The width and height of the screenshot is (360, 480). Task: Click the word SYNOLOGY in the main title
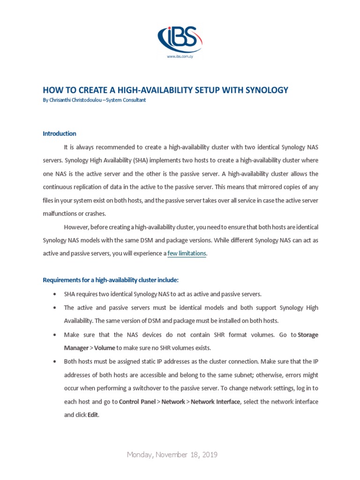[x=264, y=90]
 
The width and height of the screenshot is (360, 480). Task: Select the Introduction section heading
[x=60, y=134]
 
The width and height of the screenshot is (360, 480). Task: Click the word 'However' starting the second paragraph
[x=76, y=227]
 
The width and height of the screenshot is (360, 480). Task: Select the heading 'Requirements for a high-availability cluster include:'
[x=111, y=280]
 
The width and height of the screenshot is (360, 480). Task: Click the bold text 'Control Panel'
[x=137, y=402]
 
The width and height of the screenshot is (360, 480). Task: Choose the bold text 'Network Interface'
[x=215, y=402]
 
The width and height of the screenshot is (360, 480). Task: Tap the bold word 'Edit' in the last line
[x=93, y=415]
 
